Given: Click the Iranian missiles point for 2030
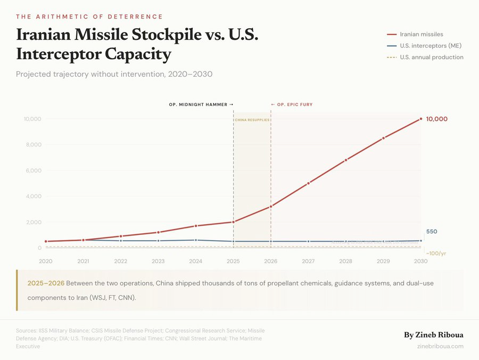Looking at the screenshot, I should (421, 119).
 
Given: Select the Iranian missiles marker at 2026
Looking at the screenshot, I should (271, 207).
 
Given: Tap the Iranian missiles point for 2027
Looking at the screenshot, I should (308, 183).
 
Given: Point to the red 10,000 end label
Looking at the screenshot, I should (437, 119).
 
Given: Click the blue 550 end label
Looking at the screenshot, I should (432, 232).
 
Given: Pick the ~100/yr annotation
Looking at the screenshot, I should (436, 253).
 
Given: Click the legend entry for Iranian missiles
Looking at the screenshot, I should (422, 34).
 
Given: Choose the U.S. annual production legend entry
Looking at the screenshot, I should (431, 58).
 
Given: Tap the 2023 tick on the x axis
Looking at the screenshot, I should (158, 261).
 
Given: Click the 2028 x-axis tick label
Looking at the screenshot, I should (345, 261).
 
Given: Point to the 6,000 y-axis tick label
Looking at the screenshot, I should (32, 171).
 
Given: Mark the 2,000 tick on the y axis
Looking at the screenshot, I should (32, 223).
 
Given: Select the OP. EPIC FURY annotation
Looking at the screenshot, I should (292, 105).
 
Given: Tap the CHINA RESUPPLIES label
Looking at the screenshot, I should (252, 120).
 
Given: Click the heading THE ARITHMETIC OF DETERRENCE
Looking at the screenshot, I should (89, 17).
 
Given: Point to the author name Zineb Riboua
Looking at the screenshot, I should (434, 335).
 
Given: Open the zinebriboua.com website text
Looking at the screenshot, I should (441, 346).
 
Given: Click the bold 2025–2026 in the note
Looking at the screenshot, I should (46, 283).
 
